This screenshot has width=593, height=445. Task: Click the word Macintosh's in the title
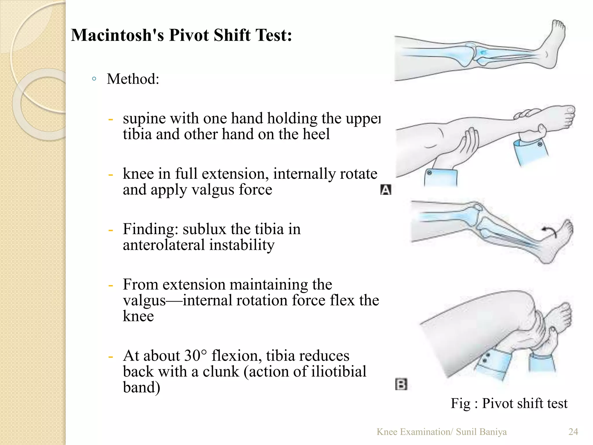tap(117, 35)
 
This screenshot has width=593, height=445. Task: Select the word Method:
tap(133, 79)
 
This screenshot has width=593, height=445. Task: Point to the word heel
tap(317, 134)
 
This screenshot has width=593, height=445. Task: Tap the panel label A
tap(385, 190)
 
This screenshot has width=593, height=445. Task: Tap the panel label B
tap(401, 384)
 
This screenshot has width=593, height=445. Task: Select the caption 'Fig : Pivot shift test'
tap(509, 403)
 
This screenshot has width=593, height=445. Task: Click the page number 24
tap(573, 432)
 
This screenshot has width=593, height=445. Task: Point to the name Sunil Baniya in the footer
tap(481, 432)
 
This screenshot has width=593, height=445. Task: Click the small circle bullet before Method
tap(94, 79)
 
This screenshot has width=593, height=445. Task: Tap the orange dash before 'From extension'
tap(110, 285)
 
